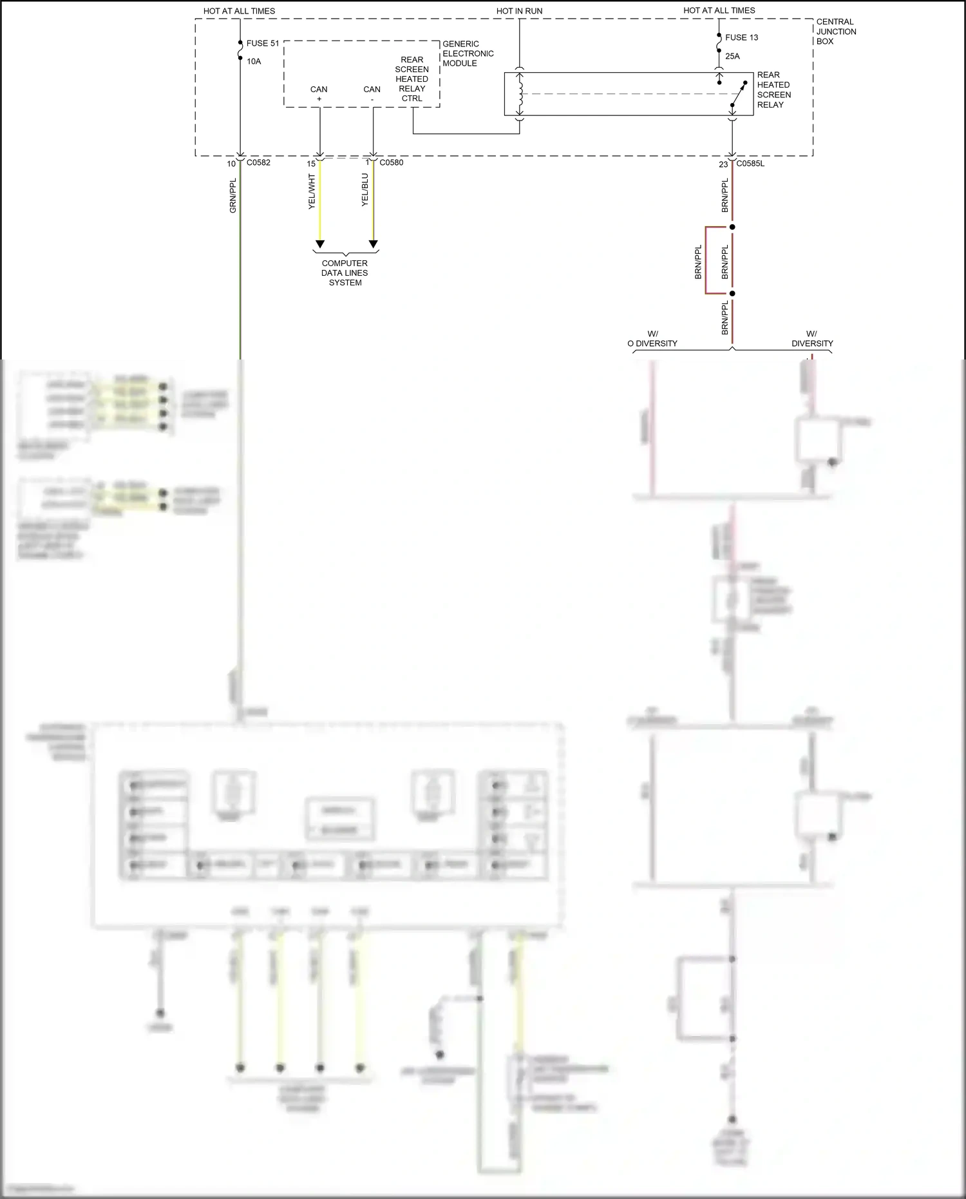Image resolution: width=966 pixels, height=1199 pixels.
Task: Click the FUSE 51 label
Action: pyautogui.click(x=263, y=43)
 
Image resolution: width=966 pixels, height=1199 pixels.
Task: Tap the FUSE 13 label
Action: pyautogui.click(x=741, y=37)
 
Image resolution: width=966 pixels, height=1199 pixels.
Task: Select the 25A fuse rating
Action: pyautogui.click(x=732, y=56)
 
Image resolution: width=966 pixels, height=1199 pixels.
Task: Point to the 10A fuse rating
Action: pyautogui.click(x=254, y=61)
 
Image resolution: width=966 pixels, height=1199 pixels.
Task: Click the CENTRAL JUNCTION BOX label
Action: pyautogui.click(x=836, y=32)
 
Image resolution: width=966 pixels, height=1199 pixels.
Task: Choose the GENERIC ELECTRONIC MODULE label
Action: pyautogui.click(x=468, y=53)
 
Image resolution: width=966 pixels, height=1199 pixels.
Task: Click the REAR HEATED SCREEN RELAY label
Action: pyautogui.click(x=773, y=90)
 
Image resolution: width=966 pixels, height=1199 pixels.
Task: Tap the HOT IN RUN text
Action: pyautogui.click(x=519, y=11)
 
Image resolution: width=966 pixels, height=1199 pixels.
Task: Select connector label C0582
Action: pyautogui.click(x=258, y=162)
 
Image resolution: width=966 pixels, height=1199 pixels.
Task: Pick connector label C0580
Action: pyautogui.click(x=391, y=162)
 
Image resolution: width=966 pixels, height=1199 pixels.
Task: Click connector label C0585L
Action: pyautogui.click(x=750, y=164)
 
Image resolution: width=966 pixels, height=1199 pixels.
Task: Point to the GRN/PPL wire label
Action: pyautogui.click(x=233, y=196)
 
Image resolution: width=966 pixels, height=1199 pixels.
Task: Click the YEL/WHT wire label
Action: pyautogui.click(x=312, y=191)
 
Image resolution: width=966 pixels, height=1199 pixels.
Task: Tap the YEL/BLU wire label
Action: pyautogui.click(x=365, y=189)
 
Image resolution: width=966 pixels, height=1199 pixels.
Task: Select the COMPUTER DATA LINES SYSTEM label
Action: pyautogui.click(x=345, y=273)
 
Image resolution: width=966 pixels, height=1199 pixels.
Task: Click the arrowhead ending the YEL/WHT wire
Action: pyautogui.click(x=319, y=244)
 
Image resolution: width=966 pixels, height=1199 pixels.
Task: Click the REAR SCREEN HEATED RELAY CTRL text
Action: pyautogui.click(x=412, y=79)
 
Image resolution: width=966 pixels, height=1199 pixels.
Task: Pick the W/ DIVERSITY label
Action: pyautogui.click(x=811, y=338)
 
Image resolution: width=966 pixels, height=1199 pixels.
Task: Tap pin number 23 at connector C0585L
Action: pyautogui.click(x=723, y=164)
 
